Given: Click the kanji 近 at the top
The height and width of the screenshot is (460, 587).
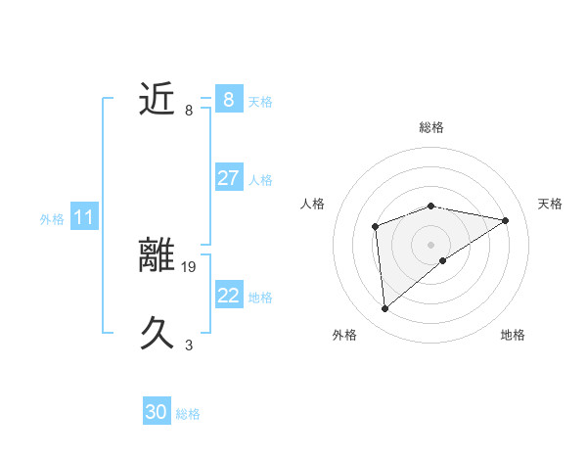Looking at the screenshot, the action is tap(158, 99).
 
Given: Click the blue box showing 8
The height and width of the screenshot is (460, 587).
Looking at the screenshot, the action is tap(228, 99).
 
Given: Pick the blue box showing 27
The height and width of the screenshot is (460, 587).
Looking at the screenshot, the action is tap(228, 178).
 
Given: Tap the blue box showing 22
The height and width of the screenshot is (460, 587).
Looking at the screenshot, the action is tap(228, 296).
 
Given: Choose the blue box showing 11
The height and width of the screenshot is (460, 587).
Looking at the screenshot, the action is tap(83, 217).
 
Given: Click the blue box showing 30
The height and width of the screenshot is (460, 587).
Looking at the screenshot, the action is tap(157, 412).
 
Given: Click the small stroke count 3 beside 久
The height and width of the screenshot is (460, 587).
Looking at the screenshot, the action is tap(189, 345).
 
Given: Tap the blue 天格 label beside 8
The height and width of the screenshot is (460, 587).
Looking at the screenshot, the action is tap(260, 102).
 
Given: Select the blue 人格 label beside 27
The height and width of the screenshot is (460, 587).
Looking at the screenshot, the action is tap(260, 180).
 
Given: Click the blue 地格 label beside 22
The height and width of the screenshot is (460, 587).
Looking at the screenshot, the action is tap(260, 298).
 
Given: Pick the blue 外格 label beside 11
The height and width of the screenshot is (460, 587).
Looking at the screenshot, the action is tap(52, 219).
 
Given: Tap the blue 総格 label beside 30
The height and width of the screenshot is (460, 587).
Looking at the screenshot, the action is tap(188, 414).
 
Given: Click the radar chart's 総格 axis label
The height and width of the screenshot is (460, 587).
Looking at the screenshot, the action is tap(430, 127).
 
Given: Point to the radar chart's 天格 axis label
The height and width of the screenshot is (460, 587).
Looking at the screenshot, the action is tap(550, 204).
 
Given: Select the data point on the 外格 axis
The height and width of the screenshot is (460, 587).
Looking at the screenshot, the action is tap(385, 309).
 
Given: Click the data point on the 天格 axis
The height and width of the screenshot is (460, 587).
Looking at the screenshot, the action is tap(505, 220).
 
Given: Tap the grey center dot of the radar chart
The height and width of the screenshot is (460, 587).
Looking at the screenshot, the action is tap(430, 244).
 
